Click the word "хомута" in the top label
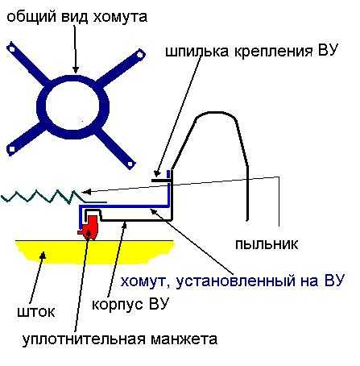pyautogui.click(x=120, y=17)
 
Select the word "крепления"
pyautogui.click(x=273, y=51)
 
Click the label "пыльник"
pyautogui.click(x=267, y=244)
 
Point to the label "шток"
pyautogui.click(x=36, y=312)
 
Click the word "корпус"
pyautogui.click(x=117, y=305)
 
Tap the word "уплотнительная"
pyautogui.click(x=84, y=339)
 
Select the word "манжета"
pyautogui.click(x=184, y=339)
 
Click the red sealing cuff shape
pyautogui.click(x=88, y=227)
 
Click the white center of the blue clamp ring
pyautogui.click(x=73, y=106)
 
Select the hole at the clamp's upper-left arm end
pyautogui.click(x=11, y=48)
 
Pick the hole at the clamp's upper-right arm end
pyautogui.click(x=139, y=55)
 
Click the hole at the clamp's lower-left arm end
pyautogui.click(x=12, y=148)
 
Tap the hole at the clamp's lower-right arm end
pyautogui.click(x=130, y=164)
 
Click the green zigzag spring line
pyautogui.click(x=54, y=196)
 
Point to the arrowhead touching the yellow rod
pyautogui.click(x=43, y=255)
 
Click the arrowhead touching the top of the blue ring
pyautogui.click(x=76, y=69)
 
